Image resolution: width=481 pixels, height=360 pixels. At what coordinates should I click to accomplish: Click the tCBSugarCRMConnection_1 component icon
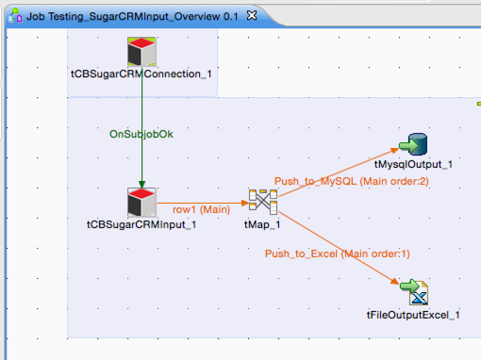pos(141,52)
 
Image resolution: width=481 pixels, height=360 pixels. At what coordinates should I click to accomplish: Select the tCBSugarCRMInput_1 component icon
pos(141,202)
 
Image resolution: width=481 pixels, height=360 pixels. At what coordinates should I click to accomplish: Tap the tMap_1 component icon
pos(261,201)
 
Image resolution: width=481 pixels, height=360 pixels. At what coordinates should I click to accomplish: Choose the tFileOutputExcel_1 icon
pos(413,292)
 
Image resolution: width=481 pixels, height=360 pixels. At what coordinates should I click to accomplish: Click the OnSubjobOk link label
pos(141,134)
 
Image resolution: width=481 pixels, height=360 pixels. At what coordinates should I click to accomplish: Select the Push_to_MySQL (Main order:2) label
pos(351,180)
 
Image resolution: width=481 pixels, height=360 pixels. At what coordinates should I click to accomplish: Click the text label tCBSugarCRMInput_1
pos(141,224)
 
